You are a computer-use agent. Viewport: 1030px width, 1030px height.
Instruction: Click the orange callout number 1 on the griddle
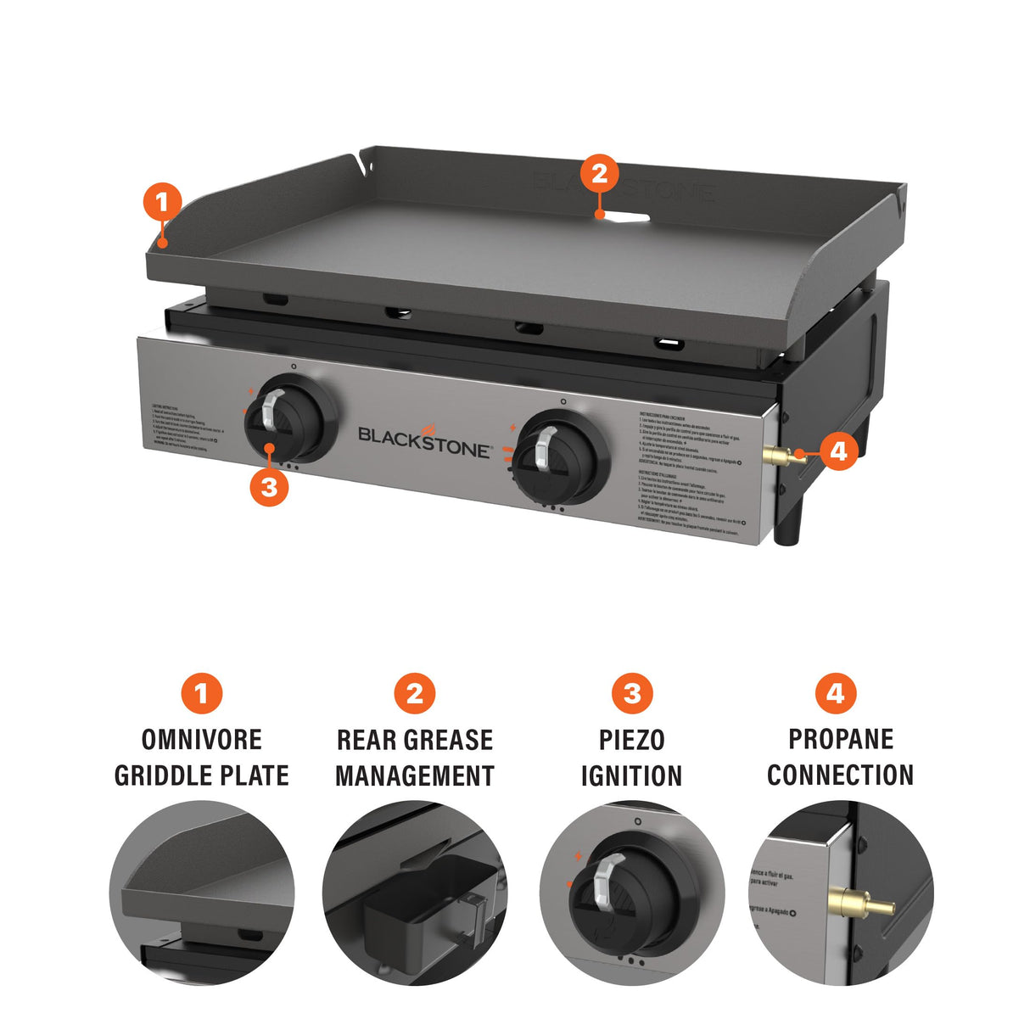click(162, 203)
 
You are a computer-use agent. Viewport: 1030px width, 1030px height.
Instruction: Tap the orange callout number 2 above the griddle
click(599, 174)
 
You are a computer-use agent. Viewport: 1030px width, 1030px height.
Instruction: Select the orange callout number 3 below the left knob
click(269, 487)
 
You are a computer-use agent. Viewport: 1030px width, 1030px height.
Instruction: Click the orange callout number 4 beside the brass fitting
click(837, 451)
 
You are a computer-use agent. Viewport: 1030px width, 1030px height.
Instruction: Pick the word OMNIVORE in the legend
click(201, 739)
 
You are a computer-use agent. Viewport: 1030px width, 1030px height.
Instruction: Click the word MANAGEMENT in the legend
click(414, 775)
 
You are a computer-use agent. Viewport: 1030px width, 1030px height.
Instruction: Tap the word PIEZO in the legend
click(631, 739)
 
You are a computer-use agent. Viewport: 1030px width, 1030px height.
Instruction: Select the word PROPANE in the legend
click(840, 739)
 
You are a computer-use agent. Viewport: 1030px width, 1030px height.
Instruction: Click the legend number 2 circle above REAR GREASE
click(414, 694)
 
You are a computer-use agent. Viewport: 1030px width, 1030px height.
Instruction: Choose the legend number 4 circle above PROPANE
click(836, 694)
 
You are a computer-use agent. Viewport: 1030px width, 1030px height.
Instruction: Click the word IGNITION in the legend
click(631, 775)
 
